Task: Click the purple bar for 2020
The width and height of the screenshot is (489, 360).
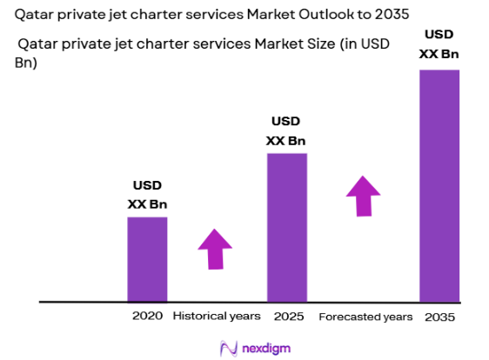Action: tap(147, 259)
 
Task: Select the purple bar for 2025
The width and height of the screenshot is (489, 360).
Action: tap(286, 227)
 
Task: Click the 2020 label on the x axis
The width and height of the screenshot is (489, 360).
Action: tap(147, 316)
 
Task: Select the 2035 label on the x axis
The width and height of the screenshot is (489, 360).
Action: tap(439, 316)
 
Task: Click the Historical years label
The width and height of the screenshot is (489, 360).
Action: tap(217, 316)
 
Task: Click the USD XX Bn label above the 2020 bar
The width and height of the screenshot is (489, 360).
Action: tap(147, 195)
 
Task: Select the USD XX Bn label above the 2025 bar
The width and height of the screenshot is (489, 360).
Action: tap(286, 130)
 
